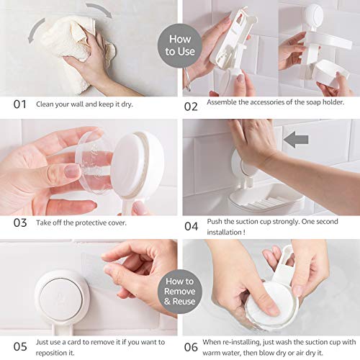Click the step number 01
[x=20, y=104]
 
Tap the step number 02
[x=191, y=105]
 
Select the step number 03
[x=20, y=222]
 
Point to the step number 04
[x=192, y=226]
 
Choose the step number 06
[x=192, y=346]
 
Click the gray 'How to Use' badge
[x=179, y=45]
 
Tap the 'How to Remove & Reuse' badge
[x=179, y=291]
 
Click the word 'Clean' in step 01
[x=48, y=104]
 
